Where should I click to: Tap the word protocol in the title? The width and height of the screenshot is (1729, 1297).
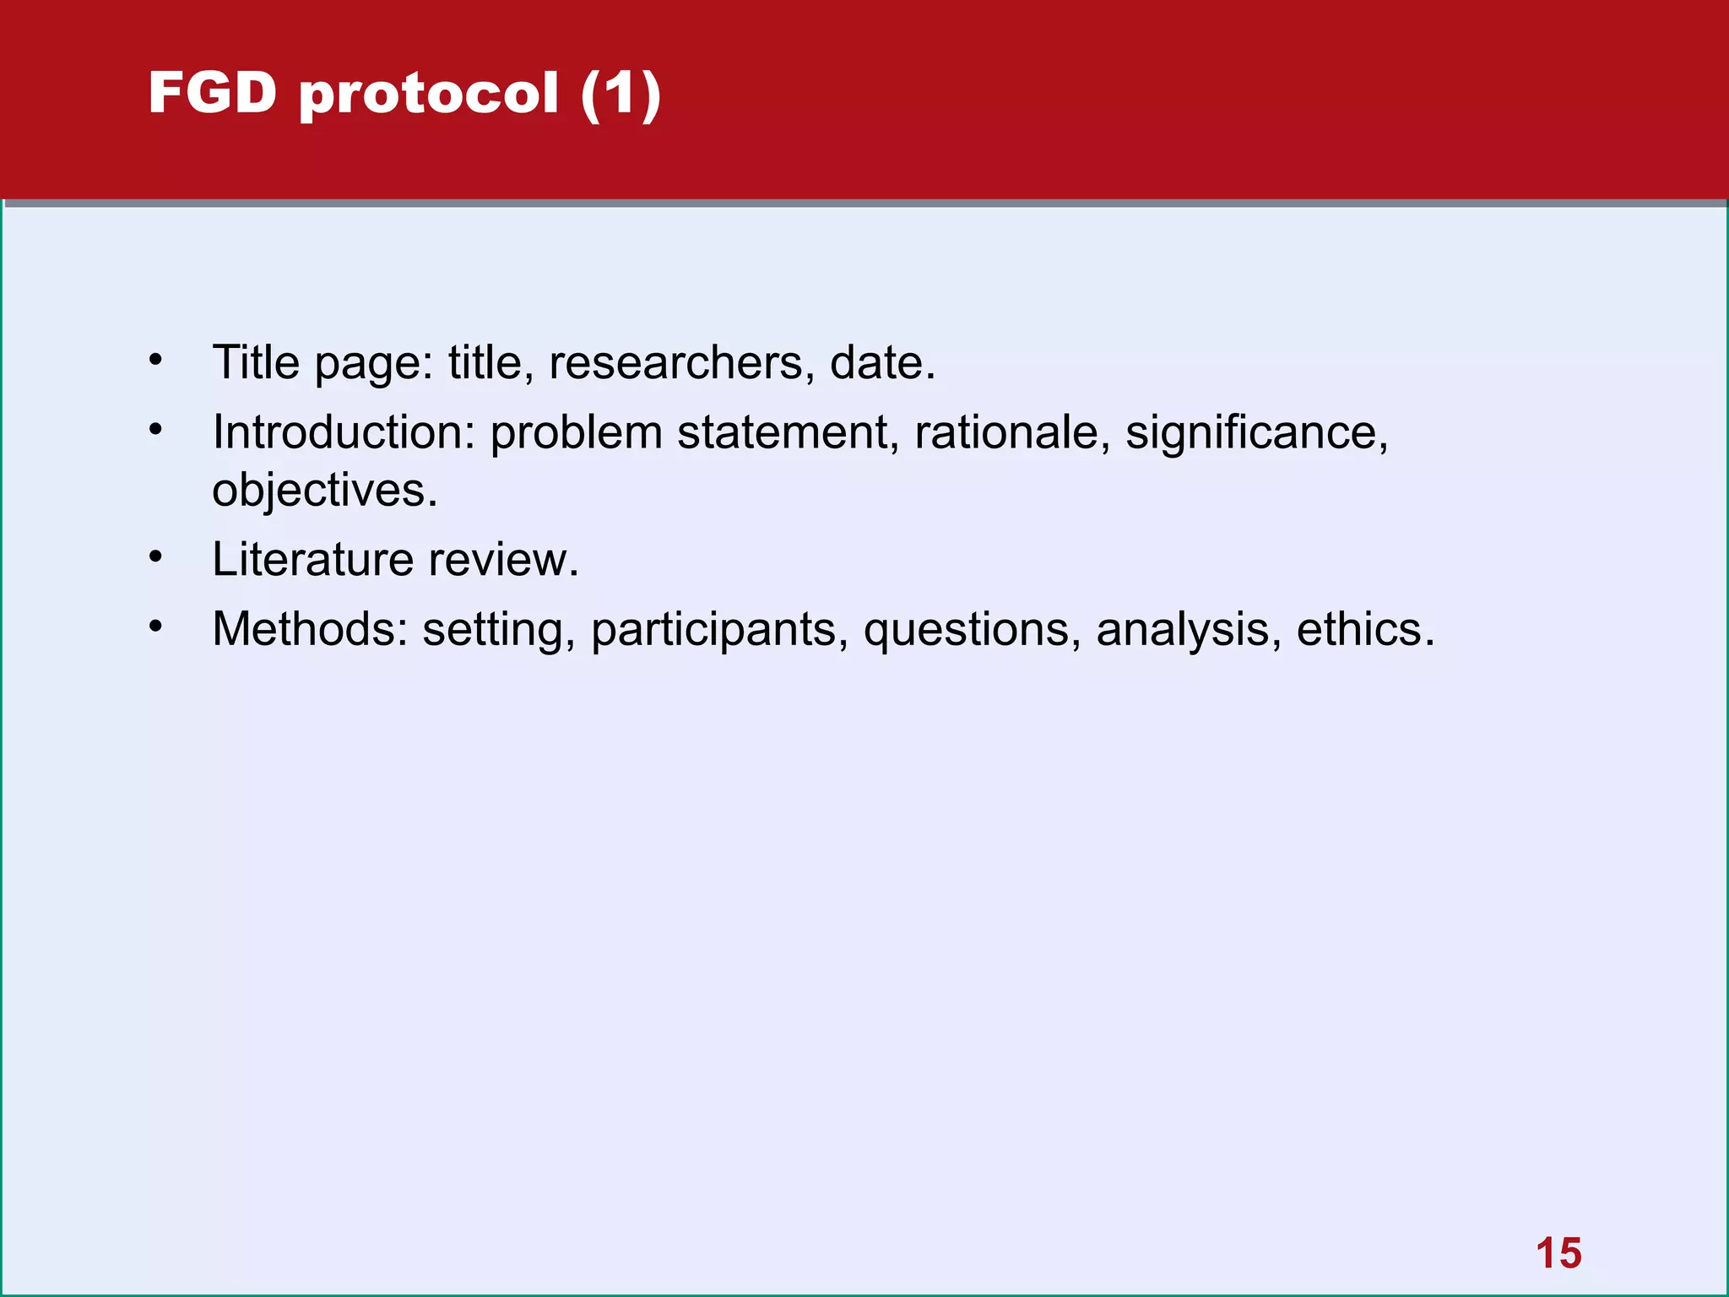tap(429, 94)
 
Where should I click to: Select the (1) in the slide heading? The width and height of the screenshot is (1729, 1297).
tap(621, 94)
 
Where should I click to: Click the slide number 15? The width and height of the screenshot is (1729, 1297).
tap(1558, 1253)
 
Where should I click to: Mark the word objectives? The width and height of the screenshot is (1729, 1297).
tap(324, 490)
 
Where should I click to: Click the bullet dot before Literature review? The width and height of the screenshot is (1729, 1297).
tap(155, 557)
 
